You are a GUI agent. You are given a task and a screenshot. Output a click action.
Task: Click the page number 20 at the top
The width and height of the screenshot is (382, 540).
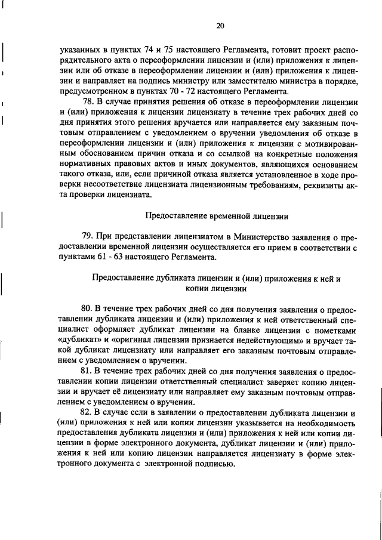(220, 26)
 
